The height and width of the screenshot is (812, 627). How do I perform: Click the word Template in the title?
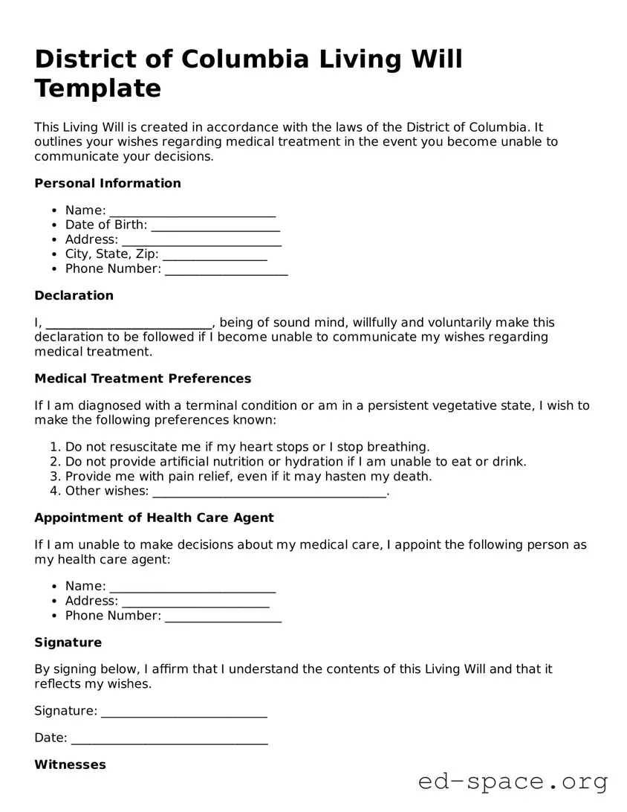97,88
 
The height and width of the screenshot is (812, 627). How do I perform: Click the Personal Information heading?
108,184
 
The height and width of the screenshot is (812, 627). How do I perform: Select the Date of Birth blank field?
215,225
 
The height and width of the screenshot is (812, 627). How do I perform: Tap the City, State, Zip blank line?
215,255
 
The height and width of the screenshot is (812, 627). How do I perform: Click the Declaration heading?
74,296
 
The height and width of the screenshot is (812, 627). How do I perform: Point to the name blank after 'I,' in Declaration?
129,323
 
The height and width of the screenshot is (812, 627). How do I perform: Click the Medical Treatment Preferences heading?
143,379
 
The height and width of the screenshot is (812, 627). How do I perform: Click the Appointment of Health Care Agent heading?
154,518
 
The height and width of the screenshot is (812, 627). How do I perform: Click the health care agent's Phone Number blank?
223,616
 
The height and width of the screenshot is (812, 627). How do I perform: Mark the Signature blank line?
183,712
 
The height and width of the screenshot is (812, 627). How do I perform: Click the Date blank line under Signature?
169,739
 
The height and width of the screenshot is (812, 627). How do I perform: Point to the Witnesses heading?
70,765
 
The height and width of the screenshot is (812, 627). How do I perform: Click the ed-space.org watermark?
513,782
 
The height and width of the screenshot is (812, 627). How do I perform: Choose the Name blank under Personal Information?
192,211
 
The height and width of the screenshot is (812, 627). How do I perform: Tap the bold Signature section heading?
68,643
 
